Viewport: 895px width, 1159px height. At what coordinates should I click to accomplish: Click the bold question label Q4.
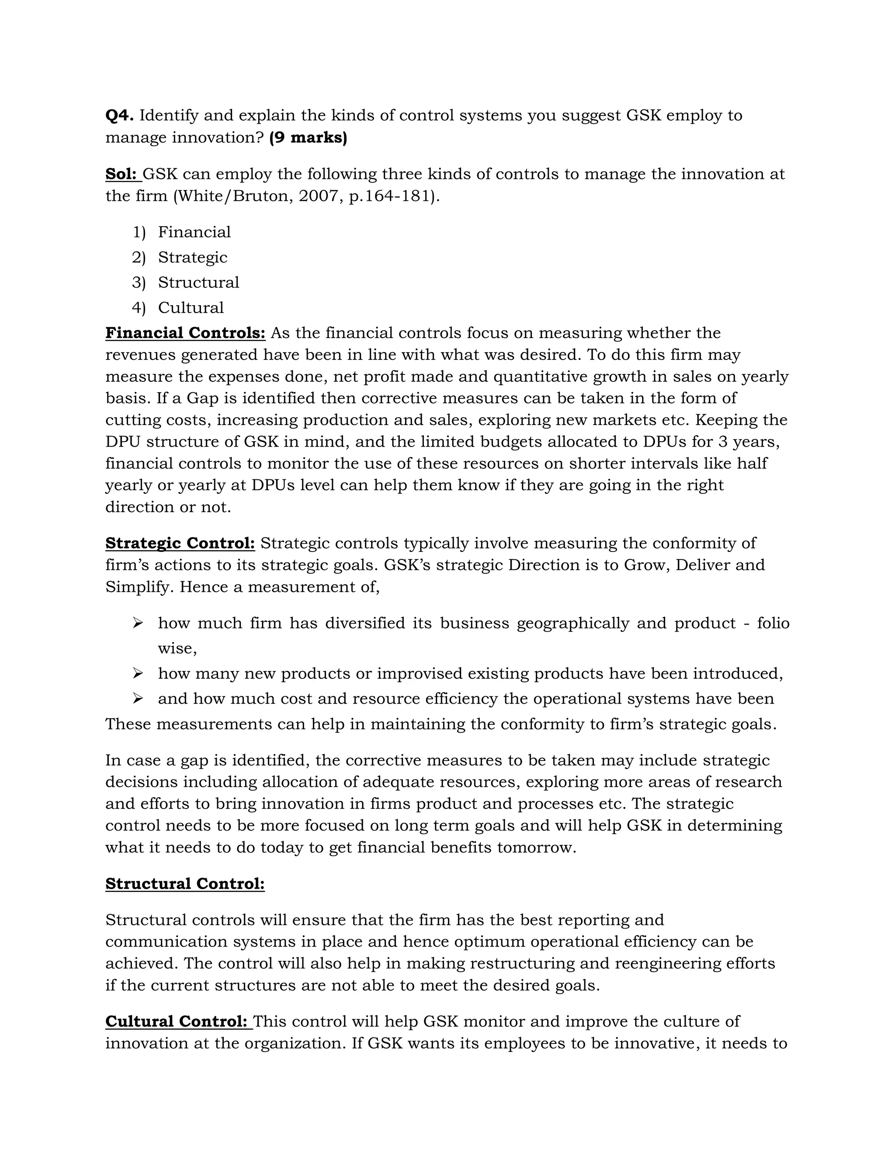[119, 115]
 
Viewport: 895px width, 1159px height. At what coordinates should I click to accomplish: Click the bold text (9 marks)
[308, 137]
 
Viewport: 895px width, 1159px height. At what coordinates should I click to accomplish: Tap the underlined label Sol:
[122, 174]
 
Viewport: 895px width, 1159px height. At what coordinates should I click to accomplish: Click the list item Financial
[194, 232]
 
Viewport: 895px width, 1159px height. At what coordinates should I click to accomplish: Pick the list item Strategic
[192, 257]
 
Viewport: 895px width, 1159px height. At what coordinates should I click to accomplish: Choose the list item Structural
[198, 283]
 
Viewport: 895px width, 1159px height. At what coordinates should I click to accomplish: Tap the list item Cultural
[191, 308]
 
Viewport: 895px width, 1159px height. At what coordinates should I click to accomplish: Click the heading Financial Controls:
[185, 333]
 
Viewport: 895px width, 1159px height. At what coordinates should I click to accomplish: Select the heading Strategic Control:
[180, 543]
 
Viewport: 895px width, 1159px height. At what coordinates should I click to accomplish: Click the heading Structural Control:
[184, 883]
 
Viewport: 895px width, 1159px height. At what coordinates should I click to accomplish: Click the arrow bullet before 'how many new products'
[138, 674]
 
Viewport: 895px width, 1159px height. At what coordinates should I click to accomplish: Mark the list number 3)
[139, 283]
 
